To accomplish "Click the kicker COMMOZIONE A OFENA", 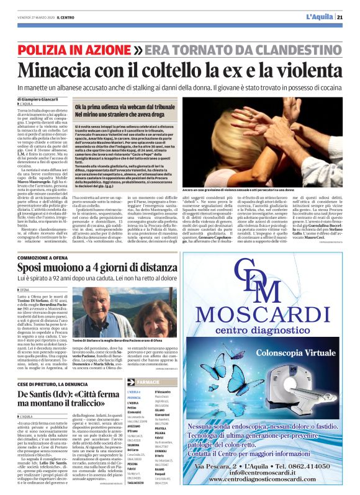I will click(49, 257).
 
